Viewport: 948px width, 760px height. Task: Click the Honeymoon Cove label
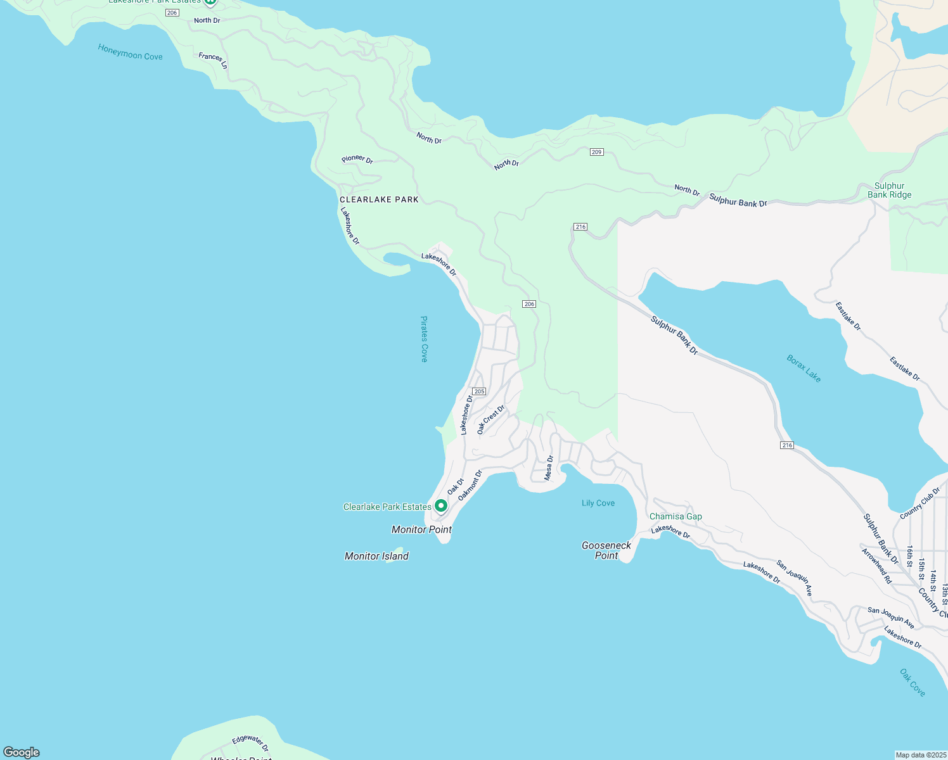coord(130,52)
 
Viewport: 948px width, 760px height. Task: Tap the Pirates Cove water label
coord(424,339)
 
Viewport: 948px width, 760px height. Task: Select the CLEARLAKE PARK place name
coord(379,199)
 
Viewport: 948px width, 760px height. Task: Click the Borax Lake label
coord(804,369)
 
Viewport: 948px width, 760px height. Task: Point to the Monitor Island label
coord(376,556)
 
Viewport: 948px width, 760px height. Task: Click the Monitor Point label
coord(421,529)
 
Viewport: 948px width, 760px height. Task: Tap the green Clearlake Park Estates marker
coord(440,506)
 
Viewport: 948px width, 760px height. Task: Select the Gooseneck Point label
coord(606,550)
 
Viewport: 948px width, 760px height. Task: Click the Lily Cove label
coord(598,503)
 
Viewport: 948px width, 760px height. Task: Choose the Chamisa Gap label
coord(676,516)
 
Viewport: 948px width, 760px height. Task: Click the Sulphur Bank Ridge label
coord(889,190)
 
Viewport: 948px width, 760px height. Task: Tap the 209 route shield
coord(596,152)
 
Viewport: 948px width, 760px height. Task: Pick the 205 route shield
coord(479,391)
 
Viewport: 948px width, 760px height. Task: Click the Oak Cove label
coord(913,683)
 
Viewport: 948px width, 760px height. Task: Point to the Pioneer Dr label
coord(357,159)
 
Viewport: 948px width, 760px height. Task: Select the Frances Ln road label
coord(213,60)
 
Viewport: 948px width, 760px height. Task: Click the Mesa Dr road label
coord(549,467)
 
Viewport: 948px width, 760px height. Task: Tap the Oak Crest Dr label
coord(490,419)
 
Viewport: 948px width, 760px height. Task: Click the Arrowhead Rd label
coord(876,566)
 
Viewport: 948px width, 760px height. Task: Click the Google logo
coord(22,752)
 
